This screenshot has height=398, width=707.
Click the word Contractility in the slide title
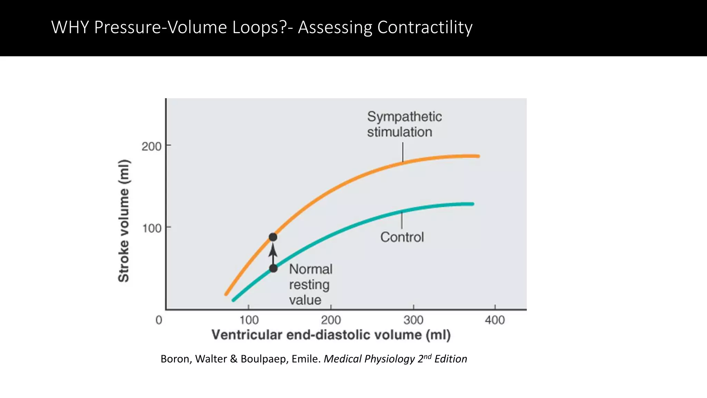tap(425, 27)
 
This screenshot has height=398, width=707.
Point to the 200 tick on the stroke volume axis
tap(152, 146)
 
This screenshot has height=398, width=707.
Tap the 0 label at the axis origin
tap(159, 320)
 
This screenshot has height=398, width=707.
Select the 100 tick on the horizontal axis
tap(249, 320)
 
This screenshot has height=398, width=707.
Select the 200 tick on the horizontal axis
tap(331, 320)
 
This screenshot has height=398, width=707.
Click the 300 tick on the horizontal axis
tap(413, 320)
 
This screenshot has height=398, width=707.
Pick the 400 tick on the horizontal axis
tap(495, 320)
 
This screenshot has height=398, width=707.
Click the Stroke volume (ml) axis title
tap(124, 221)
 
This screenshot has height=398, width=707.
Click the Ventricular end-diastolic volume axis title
tap(331, 335)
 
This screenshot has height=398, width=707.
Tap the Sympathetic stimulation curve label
tap(404, 124)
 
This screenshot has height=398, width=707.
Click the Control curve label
tap(402, 237)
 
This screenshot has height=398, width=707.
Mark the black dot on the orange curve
tap(273, 237)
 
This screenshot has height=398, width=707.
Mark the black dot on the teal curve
tap(273, 268)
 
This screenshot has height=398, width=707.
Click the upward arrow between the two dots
tap(273, 253)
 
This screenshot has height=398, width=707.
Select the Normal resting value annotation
tap(310, 284)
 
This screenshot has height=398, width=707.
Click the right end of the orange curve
tap(478, 156)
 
